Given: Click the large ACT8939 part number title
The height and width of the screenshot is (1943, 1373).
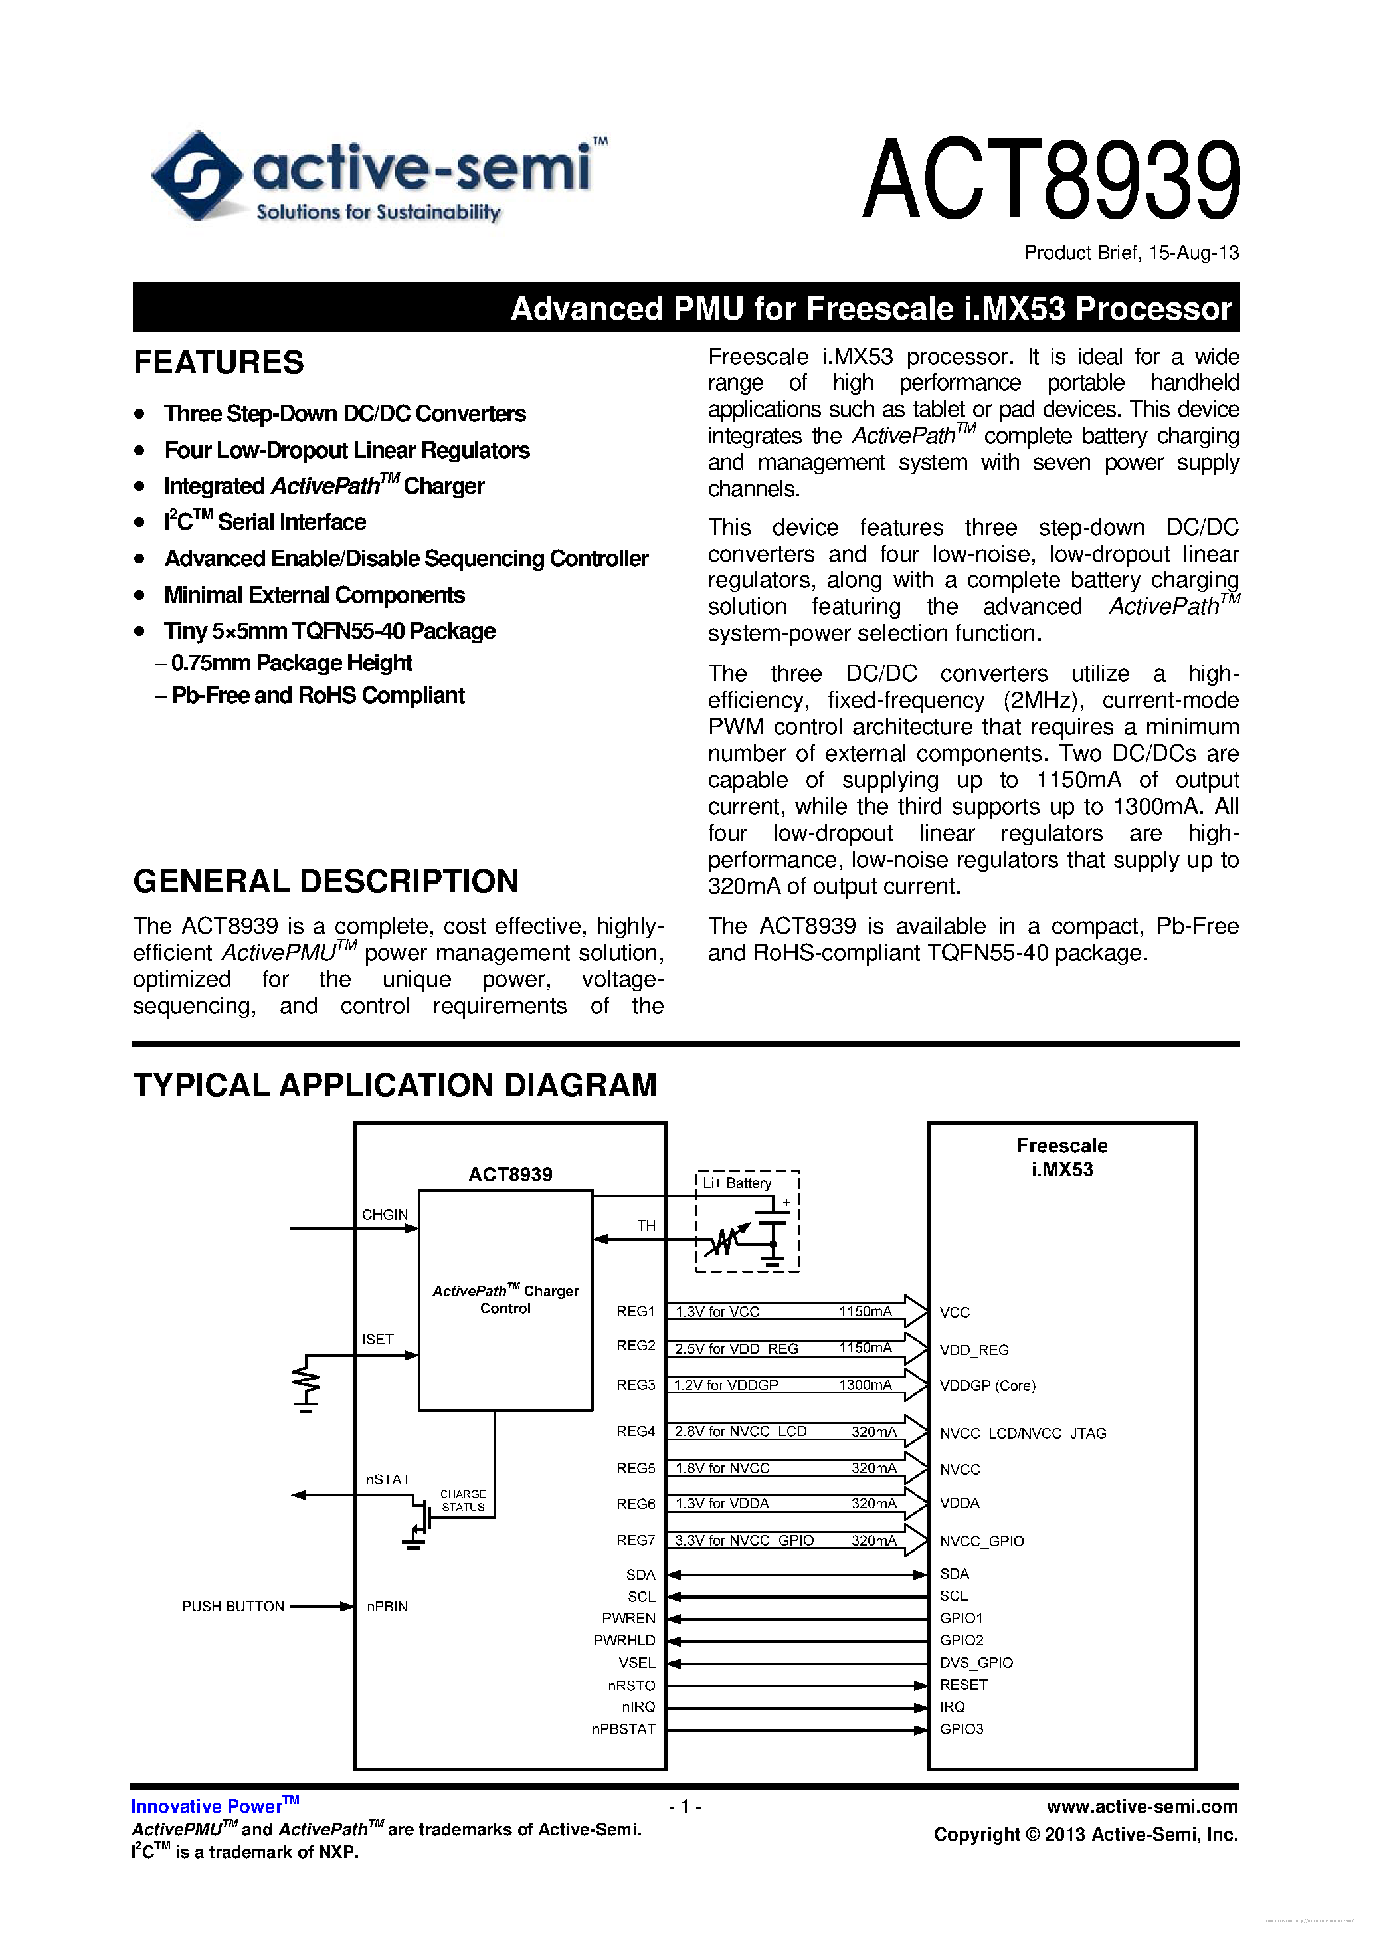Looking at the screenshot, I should (x=1051, y=180).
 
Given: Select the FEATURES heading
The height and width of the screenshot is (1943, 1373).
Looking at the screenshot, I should (x=219, y=363).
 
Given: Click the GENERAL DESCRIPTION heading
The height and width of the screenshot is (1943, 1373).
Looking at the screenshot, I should (x=325, y=882).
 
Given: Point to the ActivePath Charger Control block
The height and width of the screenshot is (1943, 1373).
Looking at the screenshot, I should (x=505, y=1300).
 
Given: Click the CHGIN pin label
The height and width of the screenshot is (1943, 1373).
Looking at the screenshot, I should (x=384, y=1215).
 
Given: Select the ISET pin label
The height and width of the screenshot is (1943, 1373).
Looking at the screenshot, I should (x=377, y=1340).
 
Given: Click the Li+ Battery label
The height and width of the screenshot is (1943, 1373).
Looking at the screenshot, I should (x=737, y=1183).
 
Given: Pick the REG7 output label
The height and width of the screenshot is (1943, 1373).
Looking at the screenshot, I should (x=635, y=1541).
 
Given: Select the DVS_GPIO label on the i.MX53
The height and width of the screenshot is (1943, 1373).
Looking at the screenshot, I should (x=975, y=1663).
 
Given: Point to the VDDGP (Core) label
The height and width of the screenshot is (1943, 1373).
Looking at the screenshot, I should (x=987, y=1386).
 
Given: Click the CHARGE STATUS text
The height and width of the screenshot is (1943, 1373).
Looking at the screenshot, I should (x=463, y=1501).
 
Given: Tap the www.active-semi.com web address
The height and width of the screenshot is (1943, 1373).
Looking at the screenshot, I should (x=1141, y=1807).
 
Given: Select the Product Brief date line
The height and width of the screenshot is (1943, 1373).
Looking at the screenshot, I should (x=1131, y=253).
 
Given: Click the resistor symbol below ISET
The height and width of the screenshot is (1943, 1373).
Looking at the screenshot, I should (x=307, y=1382).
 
